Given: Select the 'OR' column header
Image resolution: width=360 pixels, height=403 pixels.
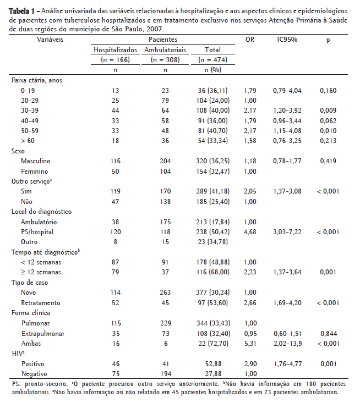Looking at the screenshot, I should point(250,40).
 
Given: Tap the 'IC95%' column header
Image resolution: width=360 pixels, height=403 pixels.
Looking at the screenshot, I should point(287,40).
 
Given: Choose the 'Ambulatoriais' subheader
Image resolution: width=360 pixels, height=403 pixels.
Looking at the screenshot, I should point(165,50).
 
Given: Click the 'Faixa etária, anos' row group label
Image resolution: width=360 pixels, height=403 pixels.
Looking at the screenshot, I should point(37,80).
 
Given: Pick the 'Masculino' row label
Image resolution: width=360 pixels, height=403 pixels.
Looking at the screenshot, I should point(36,161).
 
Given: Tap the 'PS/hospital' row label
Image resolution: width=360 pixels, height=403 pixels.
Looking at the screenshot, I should point(36,231).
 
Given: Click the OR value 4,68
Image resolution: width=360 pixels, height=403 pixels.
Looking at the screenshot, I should point(250,231).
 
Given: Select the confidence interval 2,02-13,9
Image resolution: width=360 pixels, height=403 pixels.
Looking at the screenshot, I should point(288,343).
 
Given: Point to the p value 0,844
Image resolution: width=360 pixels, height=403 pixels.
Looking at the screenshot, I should point(328,333).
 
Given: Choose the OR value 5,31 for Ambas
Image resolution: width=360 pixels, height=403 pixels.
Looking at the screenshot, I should point(250,343).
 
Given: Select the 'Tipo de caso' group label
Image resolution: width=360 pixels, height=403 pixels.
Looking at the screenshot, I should point(30,282).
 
